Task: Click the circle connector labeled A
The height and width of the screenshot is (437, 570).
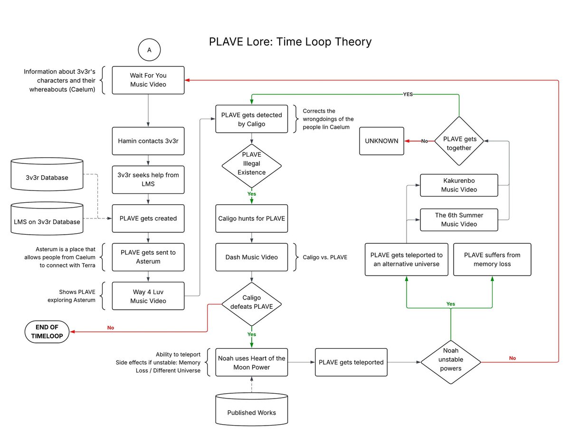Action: coord(149,50)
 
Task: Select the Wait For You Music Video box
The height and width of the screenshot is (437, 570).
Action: coord(148,80)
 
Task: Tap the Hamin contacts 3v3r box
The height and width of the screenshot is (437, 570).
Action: coord(148,141)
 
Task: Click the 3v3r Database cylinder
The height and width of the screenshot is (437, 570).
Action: coord(47,177)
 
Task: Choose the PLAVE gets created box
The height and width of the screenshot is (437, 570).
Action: coord(148,218)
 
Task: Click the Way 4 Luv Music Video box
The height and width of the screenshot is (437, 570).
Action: coord(148,296)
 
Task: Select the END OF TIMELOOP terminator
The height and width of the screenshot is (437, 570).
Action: coord(47,331)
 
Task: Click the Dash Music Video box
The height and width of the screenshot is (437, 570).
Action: coord(251,257)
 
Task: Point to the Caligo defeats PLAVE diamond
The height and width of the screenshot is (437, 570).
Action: coord(251,302)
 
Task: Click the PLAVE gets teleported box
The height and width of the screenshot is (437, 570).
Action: coord(351,362)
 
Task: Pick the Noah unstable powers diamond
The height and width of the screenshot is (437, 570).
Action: coord(450,362)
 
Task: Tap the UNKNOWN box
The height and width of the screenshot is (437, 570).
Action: coord(382,141)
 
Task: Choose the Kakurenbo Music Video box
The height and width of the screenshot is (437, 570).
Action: coord(459,185)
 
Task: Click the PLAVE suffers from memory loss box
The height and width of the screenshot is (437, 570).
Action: coord(492,259)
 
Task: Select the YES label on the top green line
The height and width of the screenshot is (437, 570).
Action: coord(408,94)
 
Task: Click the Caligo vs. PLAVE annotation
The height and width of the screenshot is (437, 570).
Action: coord(325,257)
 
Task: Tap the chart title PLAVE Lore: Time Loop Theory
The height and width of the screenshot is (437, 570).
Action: coord(290,41)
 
